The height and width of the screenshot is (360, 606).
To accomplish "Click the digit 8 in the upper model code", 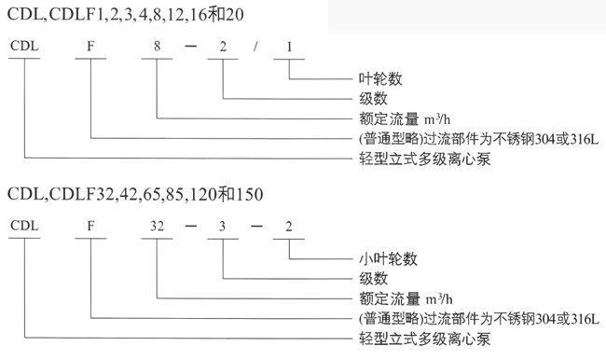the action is point(157,46).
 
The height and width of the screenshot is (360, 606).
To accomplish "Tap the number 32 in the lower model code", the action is point(157,226).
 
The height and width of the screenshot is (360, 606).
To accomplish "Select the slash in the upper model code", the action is point(255,47).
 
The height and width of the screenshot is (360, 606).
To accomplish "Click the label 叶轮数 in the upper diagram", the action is point(380,79).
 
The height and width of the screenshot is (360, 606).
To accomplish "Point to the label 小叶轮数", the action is point(388,258).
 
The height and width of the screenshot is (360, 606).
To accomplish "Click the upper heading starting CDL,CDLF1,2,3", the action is point(126,15).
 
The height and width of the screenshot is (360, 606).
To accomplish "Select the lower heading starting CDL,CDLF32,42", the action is point(135,194).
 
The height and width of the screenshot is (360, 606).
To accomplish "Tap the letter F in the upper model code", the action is point(90,46).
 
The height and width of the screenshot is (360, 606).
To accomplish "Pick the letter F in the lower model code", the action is point(90,226).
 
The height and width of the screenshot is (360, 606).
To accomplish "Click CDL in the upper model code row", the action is point(24,46).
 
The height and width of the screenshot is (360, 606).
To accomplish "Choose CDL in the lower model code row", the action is point(24,226).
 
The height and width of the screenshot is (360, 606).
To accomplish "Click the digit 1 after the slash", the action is point(289,47).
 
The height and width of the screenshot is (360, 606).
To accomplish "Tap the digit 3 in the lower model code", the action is point(222,227).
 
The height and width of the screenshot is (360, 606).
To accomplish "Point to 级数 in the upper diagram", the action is point(373,99).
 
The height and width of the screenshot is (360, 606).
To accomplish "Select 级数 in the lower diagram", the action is point(373,279).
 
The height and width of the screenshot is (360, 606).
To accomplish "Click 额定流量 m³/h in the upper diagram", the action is point(405,118).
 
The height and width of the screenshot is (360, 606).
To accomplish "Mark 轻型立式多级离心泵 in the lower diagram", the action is point(425,339).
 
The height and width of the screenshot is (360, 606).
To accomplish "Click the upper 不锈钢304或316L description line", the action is point(478,139).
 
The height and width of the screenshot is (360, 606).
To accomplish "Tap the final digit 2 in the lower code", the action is point(289,227).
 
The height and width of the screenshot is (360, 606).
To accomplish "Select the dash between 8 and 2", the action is point(190,47).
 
